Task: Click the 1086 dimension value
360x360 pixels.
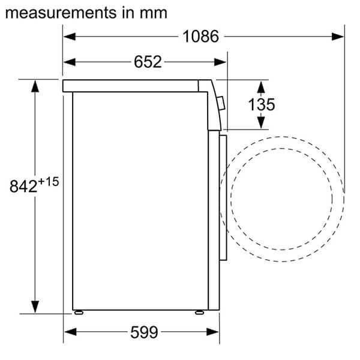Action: [200, 36]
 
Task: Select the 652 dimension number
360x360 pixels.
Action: [148, 62]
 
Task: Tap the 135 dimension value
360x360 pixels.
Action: [262, 104]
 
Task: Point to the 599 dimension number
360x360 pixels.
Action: [144, 332]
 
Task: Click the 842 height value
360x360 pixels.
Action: [23, 186]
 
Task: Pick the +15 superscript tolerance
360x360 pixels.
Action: [49, 182]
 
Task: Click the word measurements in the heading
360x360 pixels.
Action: [61, 13]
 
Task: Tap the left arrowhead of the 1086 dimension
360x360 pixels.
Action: [70, 36]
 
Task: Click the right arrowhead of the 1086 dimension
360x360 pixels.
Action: [338, 37]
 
